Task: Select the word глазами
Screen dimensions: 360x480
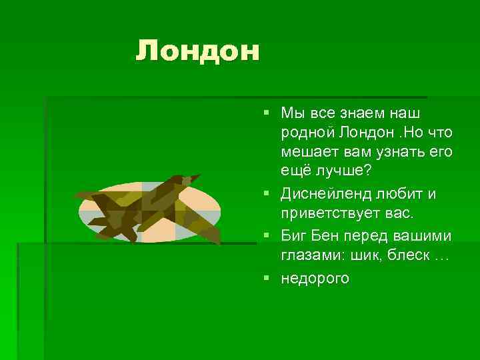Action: click(308, 257)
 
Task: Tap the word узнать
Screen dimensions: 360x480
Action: click(396, 153)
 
